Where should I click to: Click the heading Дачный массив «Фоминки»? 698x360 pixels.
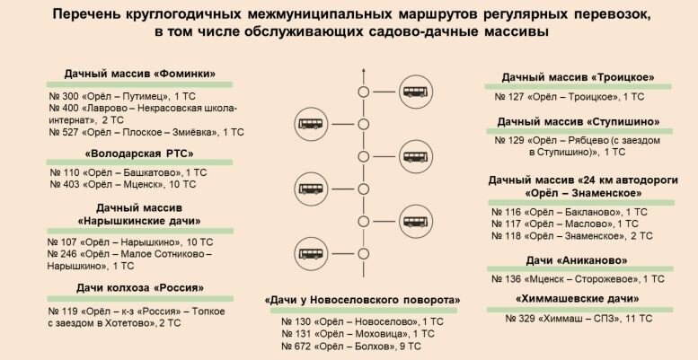(x=141, y=74)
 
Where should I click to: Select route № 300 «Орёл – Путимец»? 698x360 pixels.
(x=121, y=93)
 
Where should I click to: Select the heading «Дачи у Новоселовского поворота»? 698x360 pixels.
(x=363, y=299)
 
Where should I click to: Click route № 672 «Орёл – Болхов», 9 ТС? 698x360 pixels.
(x=356, y=346)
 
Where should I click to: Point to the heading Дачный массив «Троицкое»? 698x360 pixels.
(x=578, y=76)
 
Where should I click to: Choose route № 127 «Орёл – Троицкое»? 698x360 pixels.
(x=570, y=95)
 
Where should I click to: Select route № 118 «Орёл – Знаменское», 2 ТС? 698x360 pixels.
(x=573, y=236)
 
